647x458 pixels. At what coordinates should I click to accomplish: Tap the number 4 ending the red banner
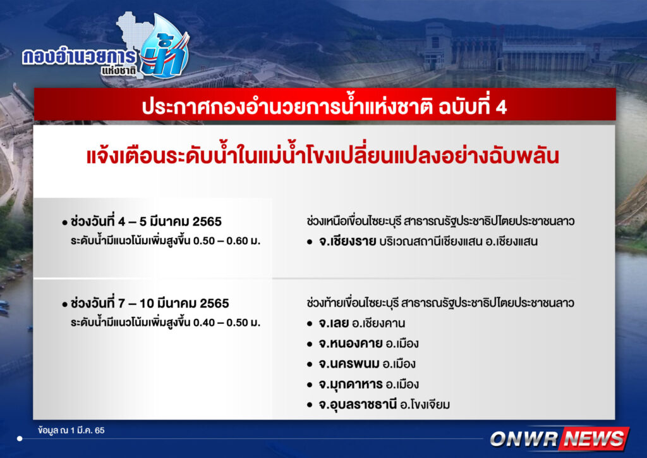[501, 108]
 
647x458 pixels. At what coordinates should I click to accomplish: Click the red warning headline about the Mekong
[323, 156]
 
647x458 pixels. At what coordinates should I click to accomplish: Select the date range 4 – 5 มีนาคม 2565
[169, 222]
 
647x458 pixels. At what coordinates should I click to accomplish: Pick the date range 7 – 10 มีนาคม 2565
[173, 304]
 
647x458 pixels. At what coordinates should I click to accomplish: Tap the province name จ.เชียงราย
[347, 241]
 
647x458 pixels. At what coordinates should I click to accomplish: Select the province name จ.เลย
[334, 323]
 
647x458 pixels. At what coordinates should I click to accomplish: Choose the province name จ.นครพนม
[349, 364]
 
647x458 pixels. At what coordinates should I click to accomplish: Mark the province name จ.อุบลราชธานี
[358, 404]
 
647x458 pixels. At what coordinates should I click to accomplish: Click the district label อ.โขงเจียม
[425, 404]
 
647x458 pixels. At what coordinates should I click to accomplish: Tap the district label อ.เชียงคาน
[378, 323]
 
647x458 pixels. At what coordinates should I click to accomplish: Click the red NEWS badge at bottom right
[595, 438]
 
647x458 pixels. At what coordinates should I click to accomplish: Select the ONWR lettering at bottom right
[524, 438]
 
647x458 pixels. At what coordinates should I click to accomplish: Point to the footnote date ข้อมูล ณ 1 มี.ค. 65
[71, 430]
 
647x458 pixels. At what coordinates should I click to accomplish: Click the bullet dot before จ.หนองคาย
[310, 344]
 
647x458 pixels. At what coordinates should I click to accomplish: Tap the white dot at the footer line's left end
[20, 438]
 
